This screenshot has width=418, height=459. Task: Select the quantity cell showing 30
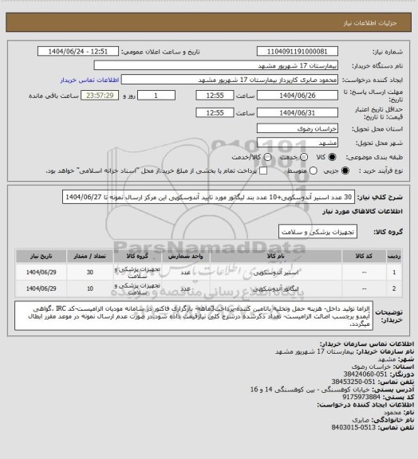point(89,273)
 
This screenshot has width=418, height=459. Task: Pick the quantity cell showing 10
point(89,288)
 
